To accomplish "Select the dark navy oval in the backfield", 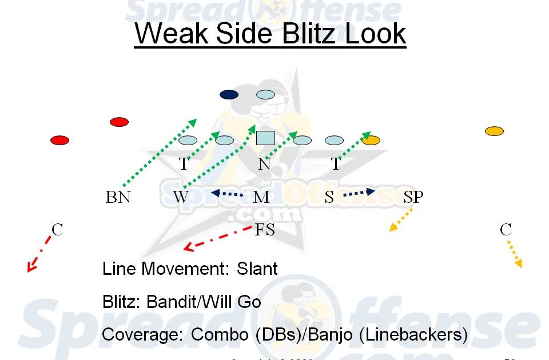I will pos(229,94).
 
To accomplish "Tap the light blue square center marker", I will pos(265,138).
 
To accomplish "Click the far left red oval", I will pos(60,140).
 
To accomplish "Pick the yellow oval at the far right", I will pos(494,131).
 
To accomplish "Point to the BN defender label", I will pos(118,197).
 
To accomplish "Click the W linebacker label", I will pos(181,197).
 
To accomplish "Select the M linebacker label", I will pos(261,197).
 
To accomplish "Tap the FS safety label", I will pos(265,230).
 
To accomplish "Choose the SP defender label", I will pos(413,197).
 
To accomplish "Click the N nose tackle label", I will pos(264,165).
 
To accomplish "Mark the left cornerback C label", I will pos(57,230).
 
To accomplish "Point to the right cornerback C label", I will pos(506,230).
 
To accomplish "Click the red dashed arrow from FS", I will pos(217,238).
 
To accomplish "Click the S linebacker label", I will pos(329,197).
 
